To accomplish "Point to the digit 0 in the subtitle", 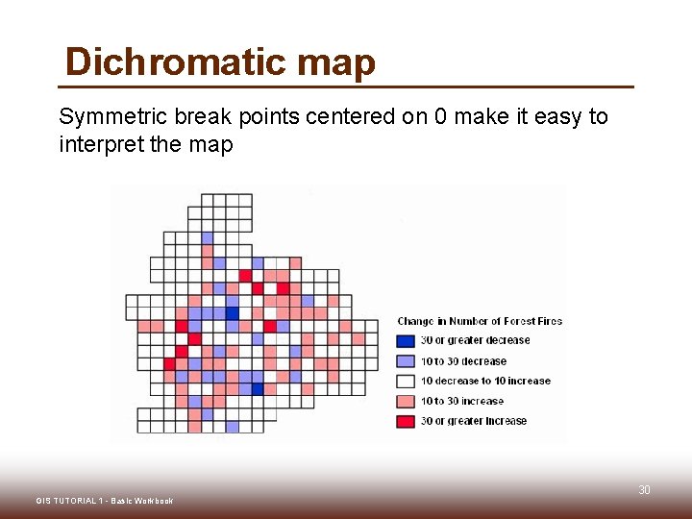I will point(439,117).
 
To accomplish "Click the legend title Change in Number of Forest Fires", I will point(480,321).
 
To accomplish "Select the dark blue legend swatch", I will point(407,340).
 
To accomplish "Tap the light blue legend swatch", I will point(407,361).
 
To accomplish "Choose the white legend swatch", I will point(407,381).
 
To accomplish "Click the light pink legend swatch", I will point(407,401).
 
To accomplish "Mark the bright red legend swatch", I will point(407,421).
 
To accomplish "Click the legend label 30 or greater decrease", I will point(475,340).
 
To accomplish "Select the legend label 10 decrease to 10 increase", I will point(485,381).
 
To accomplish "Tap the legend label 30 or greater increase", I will point(474,421).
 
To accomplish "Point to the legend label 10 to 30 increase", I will point(462,401).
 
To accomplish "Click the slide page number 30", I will point(645,490).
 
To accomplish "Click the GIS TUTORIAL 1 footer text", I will point(104,501).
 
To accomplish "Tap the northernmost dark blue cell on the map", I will point(233,313).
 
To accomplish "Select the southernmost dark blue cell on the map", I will point(258,388).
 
